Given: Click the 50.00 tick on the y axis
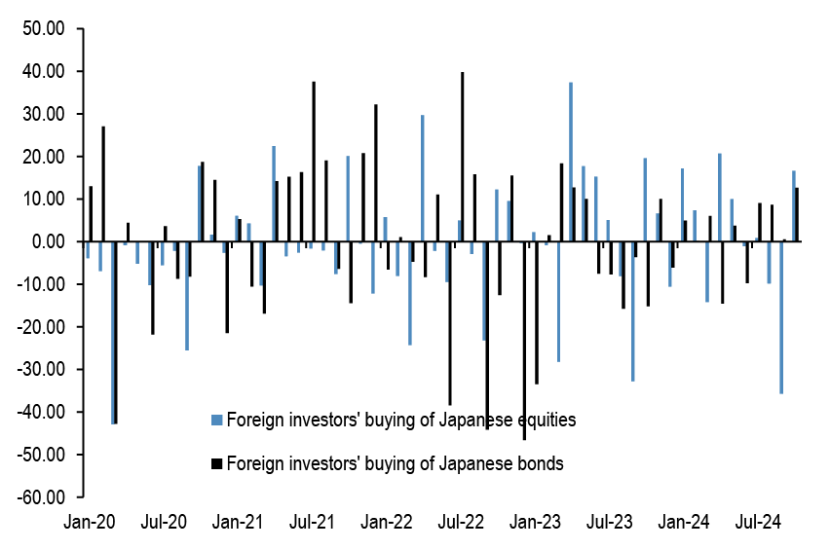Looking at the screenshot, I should (x=44, y=29).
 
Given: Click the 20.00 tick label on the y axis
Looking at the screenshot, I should (x=44, y=157).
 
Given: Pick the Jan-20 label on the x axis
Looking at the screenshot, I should (x=89, y=521).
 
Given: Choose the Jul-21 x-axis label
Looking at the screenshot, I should (x=312, y=521).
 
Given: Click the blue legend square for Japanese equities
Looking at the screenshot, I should (x=217, y=422).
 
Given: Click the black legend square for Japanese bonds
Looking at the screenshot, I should (x=217, y=464).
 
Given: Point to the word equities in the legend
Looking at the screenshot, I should (x=542, y=422).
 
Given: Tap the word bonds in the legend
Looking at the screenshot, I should (x=541, y=464).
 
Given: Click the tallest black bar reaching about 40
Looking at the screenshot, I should (x=463, y=157).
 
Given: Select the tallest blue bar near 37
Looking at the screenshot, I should (x=571, y=162).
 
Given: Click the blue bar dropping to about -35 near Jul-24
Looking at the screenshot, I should (x=781, y=317).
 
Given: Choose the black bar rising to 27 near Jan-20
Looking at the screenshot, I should (x=103, y=184).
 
